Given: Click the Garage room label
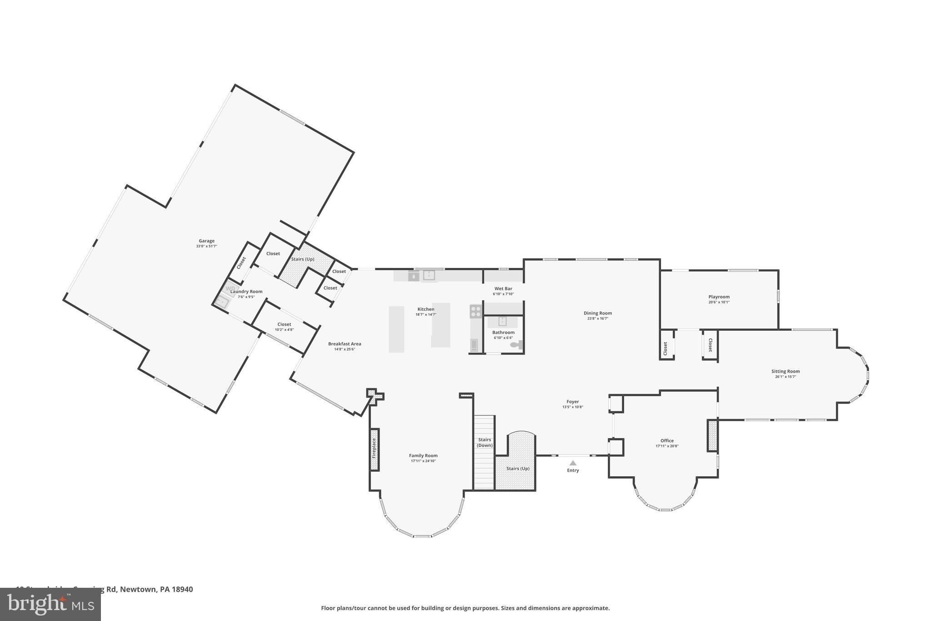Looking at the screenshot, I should point(206,241).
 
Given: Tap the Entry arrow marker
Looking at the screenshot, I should point(573,463).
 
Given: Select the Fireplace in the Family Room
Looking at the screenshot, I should point(374,449).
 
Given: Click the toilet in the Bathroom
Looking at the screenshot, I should point(517,345).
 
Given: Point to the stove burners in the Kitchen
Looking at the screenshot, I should point(476,311).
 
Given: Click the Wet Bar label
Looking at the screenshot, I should point(503,288).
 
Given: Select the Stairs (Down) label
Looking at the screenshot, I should point(485,442).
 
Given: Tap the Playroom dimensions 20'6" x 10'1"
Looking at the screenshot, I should point(719,303).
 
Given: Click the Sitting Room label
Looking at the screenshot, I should point(785,371).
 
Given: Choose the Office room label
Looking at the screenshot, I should point(667,440).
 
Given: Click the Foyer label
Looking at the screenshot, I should point(572,402).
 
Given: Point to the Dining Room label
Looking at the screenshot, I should point(598,313).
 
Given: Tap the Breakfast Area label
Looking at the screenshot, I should point(345,344).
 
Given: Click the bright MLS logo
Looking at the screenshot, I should point(50,604).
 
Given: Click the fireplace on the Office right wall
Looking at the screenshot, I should point(712,435).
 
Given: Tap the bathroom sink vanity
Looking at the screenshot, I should point(502,322).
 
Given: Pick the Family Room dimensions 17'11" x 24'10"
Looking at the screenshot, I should point(423,461).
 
